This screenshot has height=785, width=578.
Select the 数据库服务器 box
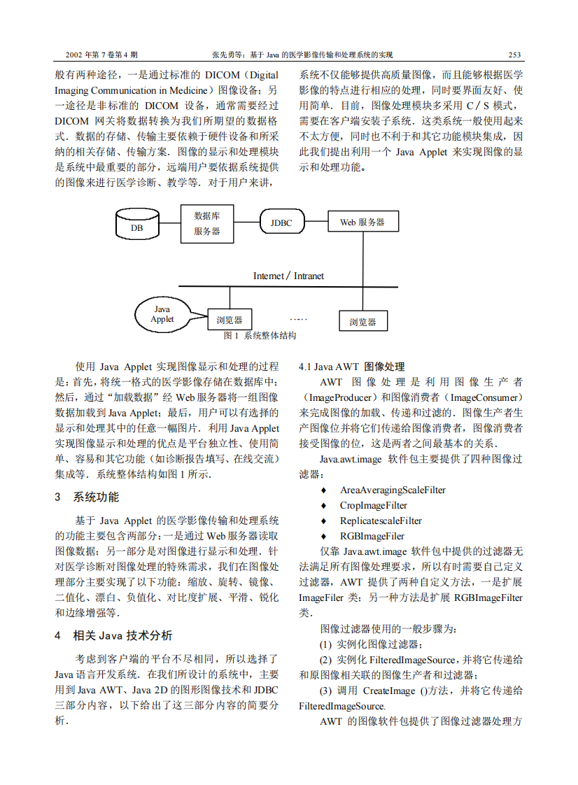(207, 223)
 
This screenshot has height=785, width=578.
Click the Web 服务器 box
(362, 222)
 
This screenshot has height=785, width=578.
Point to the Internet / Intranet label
(288, 276)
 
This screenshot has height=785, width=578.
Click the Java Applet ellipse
(162, 314)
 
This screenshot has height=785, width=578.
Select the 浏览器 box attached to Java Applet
(229, 320)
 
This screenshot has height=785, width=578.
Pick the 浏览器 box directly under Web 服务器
(362, 322)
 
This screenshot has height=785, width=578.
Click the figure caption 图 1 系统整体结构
(259, 336)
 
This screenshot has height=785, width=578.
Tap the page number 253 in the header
(515, 55)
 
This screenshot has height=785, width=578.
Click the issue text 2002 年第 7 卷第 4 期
(101, 55)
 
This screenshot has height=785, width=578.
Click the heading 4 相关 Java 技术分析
(113, 636)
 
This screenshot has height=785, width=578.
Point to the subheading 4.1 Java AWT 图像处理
(351, 367)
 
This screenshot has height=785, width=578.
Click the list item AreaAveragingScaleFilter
(393, 490)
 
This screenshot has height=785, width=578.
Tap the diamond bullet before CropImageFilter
(323, 506)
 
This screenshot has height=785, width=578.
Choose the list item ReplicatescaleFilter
(381, 521)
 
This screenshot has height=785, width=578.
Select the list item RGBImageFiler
(372, 537)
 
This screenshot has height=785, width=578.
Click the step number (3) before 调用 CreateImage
(327, 691)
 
